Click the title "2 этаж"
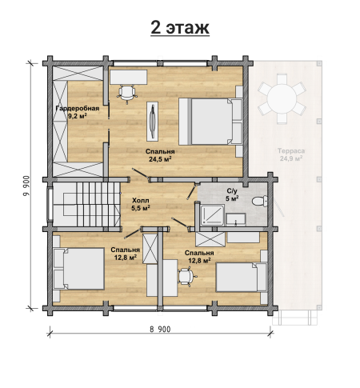tap(180, 27)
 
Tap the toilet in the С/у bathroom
tap(259, 201)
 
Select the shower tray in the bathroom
tap(212, 215)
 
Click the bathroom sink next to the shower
tap(236, 219)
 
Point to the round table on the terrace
tap(282, 99)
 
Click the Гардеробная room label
tap(78, 108)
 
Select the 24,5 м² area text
tap(160, 159)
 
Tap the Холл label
tap(141, 200)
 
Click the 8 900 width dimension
tap(160, 330)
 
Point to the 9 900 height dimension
tap(26, 186)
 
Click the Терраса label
tap(291, 151)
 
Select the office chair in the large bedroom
tap(127, 94)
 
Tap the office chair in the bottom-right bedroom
tap(187, 277)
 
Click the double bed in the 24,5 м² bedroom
tap(210, 122)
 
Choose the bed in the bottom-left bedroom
tap(79, 269)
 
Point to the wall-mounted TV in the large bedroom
tap(152, 122)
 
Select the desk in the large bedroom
tap(129, 78)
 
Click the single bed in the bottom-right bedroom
tap(242, 277)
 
